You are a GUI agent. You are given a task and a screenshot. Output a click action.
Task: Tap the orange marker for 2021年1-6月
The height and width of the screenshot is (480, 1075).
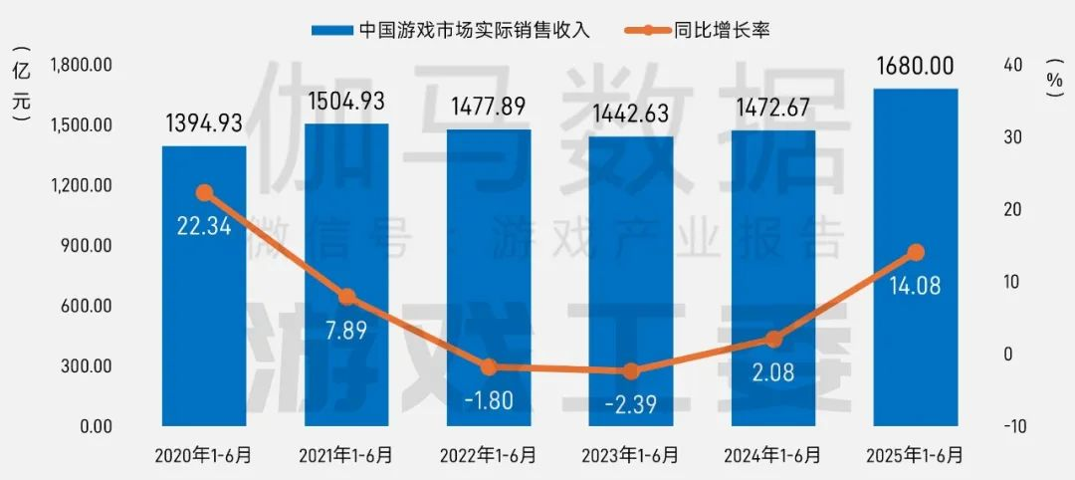tap(346, 297)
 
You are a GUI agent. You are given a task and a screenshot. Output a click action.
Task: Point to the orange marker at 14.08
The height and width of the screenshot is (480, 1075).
tap(916, 253)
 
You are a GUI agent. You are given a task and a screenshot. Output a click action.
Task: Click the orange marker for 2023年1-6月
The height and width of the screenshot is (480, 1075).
tap(631, 371)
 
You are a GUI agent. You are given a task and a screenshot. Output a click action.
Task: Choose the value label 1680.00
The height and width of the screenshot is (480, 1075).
tap(916, 67)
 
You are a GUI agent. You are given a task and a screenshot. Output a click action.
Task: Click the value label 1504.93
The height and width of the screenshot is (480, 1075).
tap(346, 102)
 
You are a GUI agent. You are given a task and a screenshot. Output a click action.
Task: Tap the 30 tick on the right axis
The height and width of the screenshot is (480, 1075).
tap(1012, 137)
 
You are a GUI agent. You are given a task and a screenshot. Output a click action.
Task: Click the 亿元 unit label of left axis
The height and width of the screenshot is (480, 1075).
tap(22, 86)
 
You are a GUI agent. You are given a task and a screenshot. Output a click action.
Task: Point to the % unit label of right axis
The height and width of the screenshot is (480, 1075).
tap(1054, 78)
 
